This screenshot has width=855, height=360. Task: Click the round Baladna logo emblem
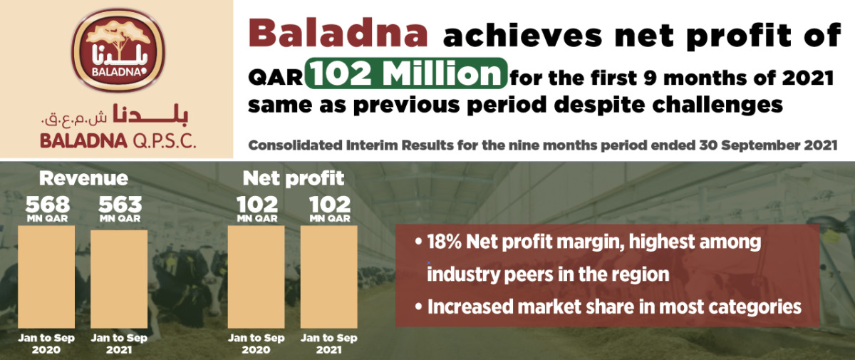pos(118,50)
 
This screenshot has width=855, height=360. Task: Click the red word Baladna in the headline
pos(338,34)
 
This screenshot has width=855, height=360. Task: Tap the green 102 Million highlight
pos(406,73)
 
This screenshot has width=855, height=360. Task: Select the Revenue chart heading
pos(83,178)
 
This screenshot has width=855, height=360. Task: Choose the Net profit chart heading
pos(294,178)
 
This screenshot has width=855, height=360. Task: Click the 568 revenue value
pos(48,205)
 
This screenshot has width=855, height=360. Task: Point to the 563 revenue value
pos(120,205)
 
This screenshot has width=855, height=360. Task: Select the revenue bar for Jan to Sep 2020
pos(46,277)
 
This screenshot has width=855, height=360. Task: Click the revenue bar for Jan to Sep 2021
pos(119,279)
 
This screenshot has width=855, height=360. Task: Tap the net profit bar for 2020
pos(256,277)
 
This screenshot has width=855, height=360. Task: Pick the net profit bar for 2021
pos(328,277)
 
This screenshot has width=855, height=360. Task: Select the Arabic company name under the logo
pos(115,115)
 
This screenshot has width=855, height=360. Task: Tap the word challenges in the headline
pos(717,106)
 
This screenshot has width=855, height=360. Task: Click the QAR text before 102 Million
pos(276,78)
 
